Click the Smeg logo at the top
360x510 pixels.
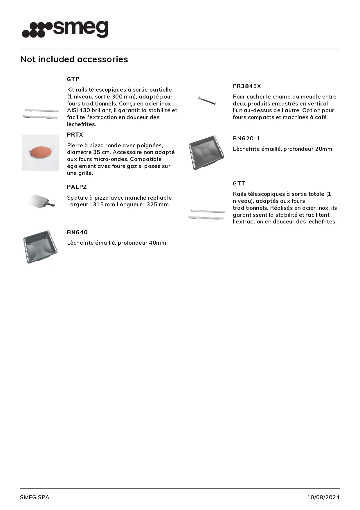[x=65, y=29]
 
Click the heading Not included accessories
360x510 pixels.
[x=74, y=59]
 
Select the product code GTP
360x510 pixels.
[x=73, y=79]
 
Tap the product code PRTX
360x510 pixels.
[x=75, y=135]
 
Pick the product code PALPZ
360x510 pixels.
[x=77, y=187]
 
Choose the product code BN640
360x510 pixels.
[x=77, y=232]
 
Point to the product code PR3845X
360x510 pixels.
[x=247, y=86]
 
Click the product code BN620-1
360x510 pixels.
[x=246, y=138]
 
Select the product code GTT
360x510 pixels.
[x=239, y=183]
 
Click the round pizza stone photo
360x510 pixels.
[x=41, y=153]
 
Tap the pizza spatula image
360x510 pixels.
[x=40, y=201]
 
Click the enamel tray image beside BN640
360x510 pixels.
[x=40, y=247]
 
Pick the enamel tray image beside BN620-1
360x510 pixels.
[x=206, y=153]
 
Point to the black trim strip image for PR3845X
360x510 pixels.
[x=207, y=101]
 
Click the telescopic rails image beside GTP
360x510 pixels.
[x=40, y=114]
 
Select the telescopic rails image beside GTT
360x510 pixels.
[x=206, y=214]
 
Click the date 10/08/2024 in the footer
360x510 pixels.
[x=323, y=497]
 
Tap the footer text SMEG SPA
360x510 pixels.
[x=35, y=497]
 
